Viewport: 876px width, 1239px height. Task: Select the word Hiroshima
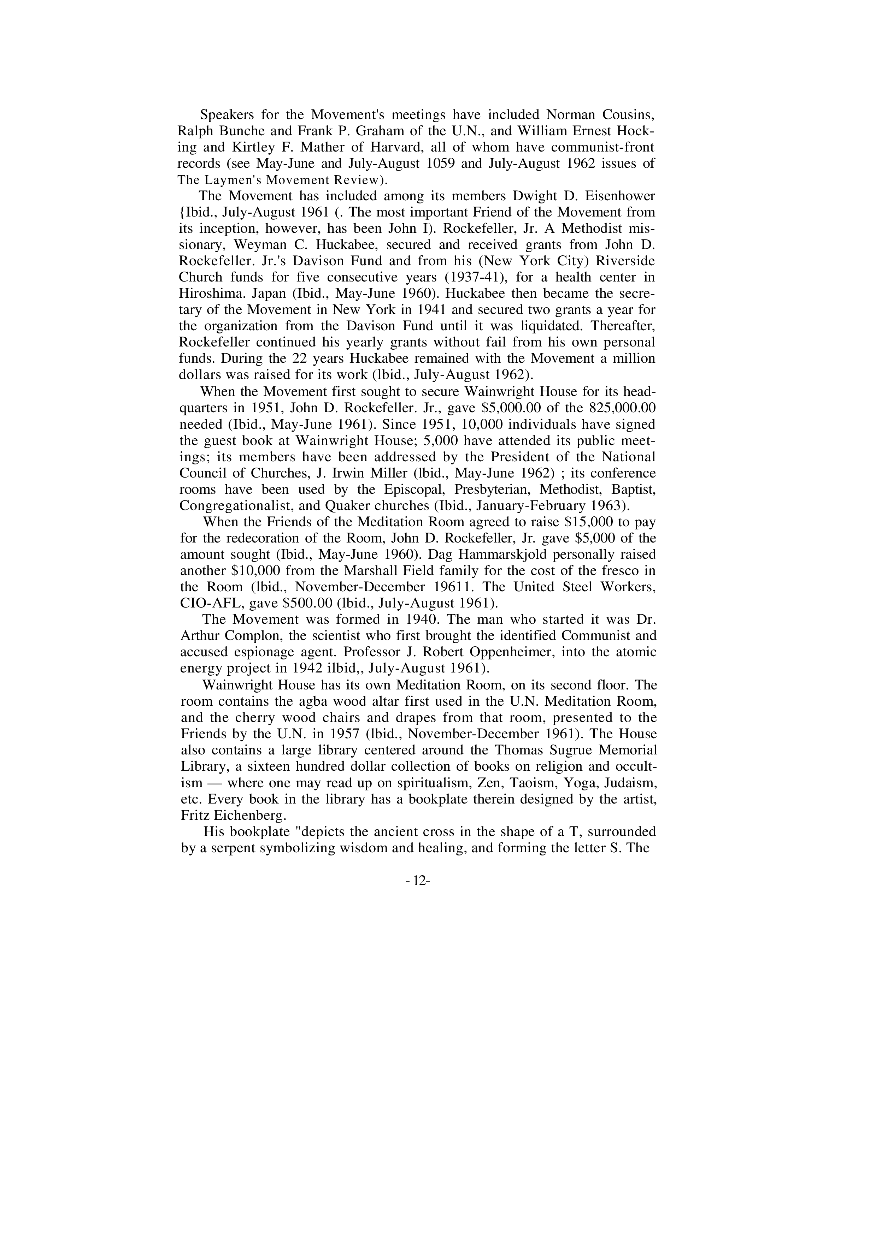coord(208,294)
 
